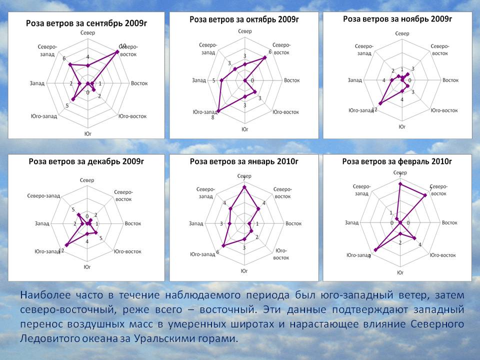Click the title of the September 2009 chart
[87, 23]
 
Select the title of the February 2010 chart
[397, 161]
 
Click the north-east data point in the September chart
[117, 51]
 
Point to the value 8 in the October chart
[212, 117]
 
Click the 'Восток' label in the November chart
[450, 79]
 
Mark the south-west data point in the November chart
[380, 103]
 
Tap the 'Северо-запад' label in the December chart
[43, 195]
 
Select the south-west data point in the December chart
[66, 244]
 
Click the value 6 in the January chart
[217, 251]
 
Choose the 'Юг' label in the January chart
[244, 270]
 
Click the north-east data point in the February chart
[425, 195]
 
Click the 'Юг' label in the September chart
[87, 133]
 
